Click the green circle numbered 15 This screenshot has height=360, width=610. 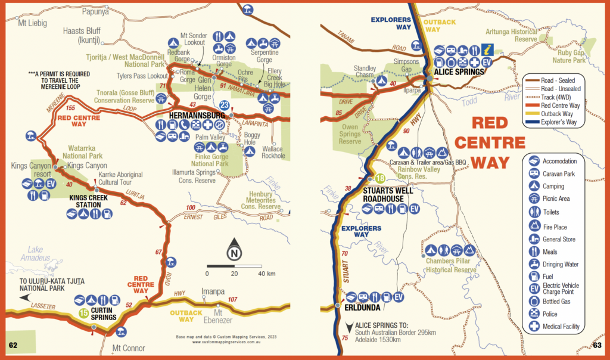pyautogui.click(x=84, y=312)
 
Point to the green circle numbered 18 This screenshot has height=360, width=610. pyautogui.click(x=379, y=178)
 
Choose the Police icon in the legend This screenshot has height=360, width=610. pyautogui.click(x=534, y=313)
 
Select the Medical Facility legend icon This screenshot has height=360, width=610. pyautogui.click(x=534, y=326)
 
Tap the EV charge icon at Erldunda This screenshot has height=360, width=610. pyautogui.click(x=399, y=296)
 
